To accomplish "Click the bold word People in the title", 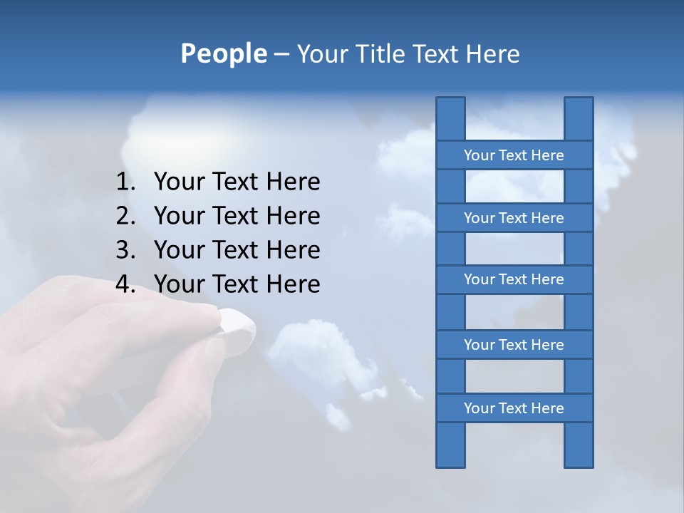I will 224,53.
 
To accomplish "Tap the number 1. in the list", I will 125,182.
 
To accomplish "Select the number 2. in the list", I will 125,216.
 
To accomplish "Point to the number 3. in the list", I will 125,250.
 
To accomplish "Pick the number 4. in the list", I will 125,284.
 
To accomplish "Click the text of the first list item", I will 237,182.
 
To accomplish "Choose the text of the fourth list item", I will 237,284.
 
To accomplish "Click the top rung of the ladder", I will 514,155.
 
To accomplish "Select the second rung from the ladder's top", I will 514,218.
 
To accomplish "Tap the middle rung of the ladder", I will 514,279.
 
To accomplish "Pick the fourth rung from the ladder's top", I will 514,345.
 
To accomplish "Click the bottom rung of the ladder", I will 514,408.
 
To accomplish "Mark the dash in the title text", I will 281,54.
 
